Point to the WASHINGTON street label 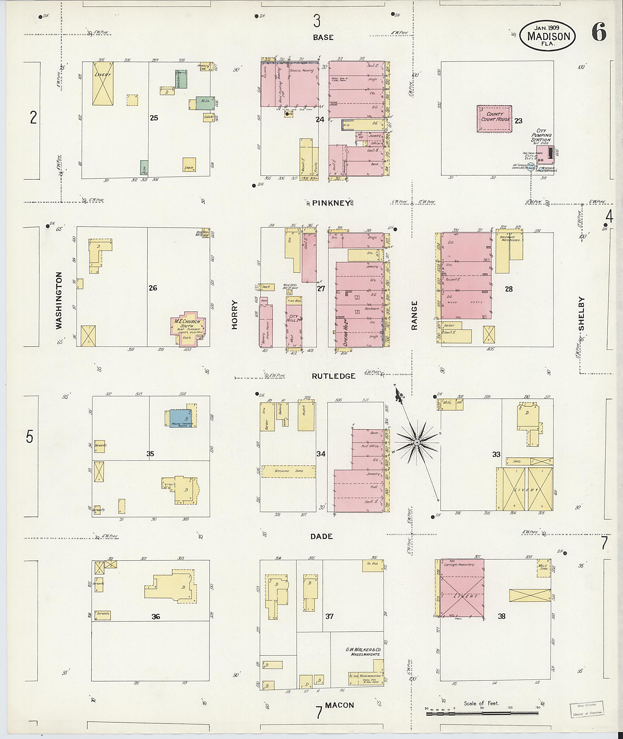point(59,300)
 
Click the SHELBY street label point(581,314)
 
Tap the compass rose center point(417,442)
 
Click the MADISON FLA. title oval point(548,36)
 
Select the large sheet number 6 point(599,32)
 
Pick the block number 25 point(154,118)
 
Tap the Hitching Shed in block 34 point(288,471)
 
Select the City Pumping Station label point(541,135)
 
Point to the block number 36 point(156,616)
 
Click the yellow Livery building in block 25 point(103,84)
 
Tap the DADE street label point(322,536)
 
